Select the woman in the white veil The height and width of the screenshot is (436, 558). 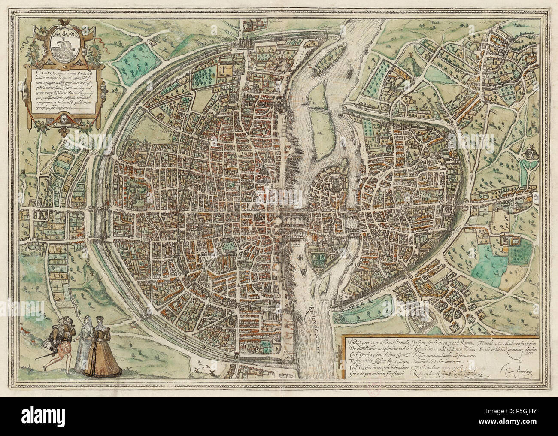tap(85, 339)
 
